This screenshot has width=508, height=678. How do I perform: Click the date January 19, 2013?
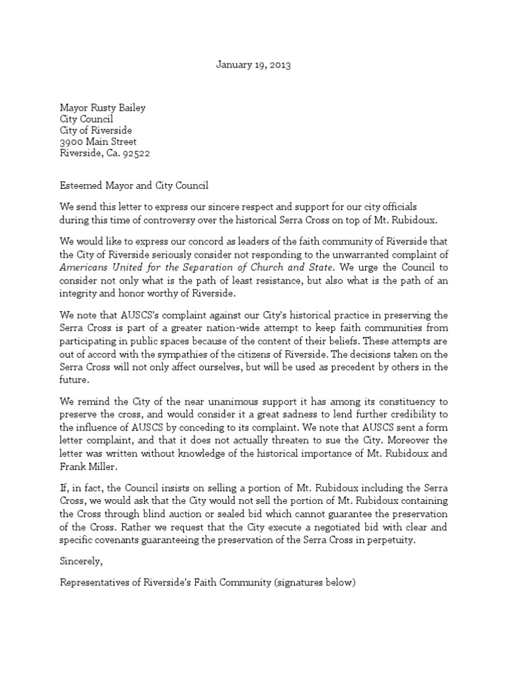click(253, 65)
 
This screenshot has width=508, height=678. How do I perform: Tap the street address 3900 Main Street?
click(99, 142)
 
